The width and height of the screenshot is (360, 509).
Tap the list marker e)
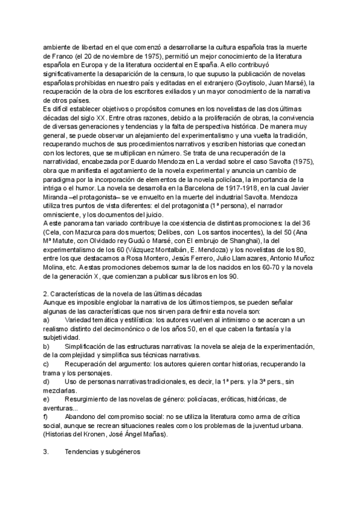pyautogui.click(x=47, y=399)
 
